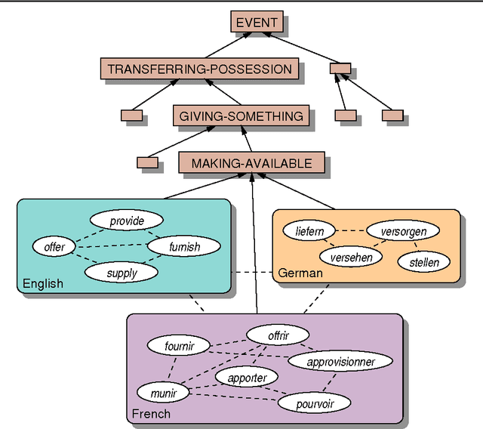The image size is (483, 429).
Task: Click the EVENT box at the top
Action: tap(257, 23)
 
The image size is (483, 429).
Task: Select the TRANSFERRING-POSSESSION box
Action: tap(199, 69)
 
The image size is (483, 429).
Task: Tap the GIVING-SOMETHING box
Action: tap(241, 116)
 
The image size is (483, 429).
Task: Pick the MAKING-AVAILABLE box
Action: tap(251, 163)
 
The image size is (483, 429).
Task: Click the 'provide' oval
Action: tap(127, 221)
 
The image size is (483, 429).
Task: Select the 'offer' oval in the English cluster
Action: tap(54, 247)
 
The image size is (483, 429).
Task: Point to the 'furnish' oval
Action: tap(184, 246)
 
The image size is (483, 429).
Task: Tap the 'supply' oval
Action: tap(122, 273)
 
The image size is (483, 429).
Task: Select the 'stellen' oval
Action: tap(423, 263)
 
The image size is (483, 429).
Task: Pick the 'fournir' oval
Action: tap(179, 347)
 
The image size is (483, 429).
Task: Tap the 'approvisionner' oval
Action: tap(341, 362)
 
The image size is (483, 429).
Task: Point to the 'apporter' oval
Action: tap(247, 378)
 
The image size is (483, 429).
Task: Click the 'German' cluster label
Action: tap(300, 273)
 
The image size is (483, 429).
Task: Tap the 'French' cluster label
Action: tap(151, 413)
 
